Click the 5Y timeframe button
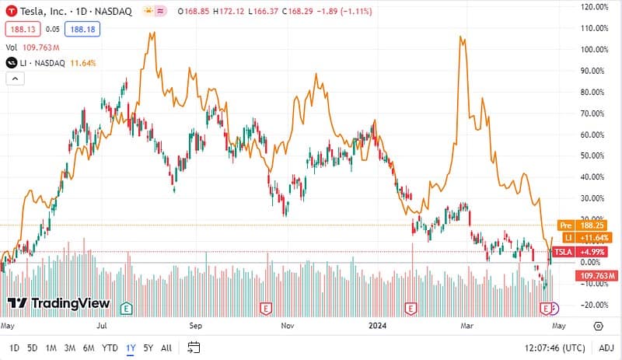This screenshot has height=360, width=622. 148,348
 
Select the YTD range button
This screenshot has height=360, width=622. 110,348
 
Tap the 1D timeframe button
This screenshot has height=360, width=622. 15,348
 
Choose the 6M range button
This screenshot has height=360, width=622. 89,348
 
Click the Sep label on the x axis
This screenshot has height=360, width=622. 196,326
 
